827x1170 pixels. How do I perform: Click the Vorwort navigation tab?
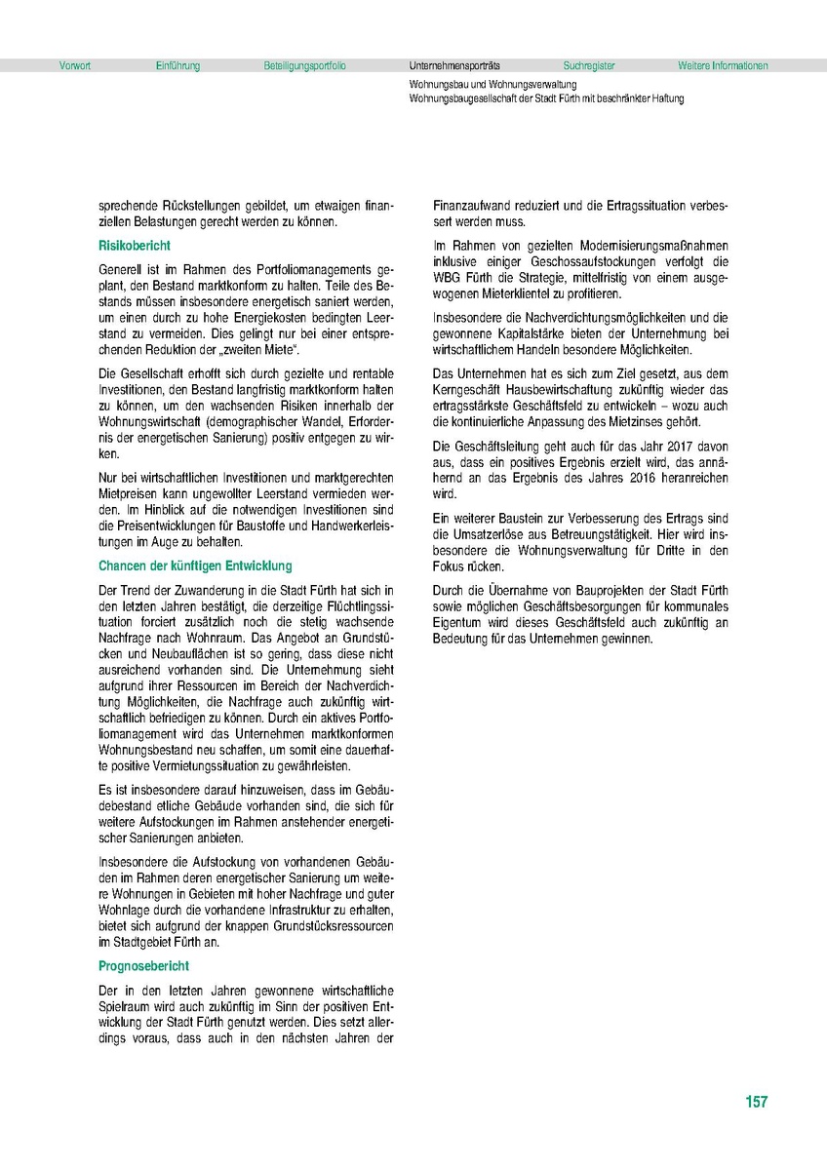(x=74, y=66)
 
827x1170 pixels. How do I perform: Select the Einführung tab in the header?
(x=177, y=66)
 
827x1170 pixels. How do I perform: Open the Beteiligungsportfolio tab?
(x=304, y=66)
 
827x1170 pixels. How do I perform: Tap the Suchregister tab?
(x=589, y=66)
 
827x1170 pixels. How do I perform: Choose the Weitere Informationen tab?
(x=723, y=66)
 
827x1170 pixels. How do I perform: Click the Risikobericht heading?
(x=134, y=247)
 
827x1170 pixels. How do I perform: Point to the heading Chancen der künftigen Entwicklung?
(x=195, y=565)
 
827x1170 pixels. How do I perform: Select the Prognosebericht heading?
(x=143, y=966)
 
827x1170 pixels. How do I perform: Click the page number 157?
(x=756, y=1103)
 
